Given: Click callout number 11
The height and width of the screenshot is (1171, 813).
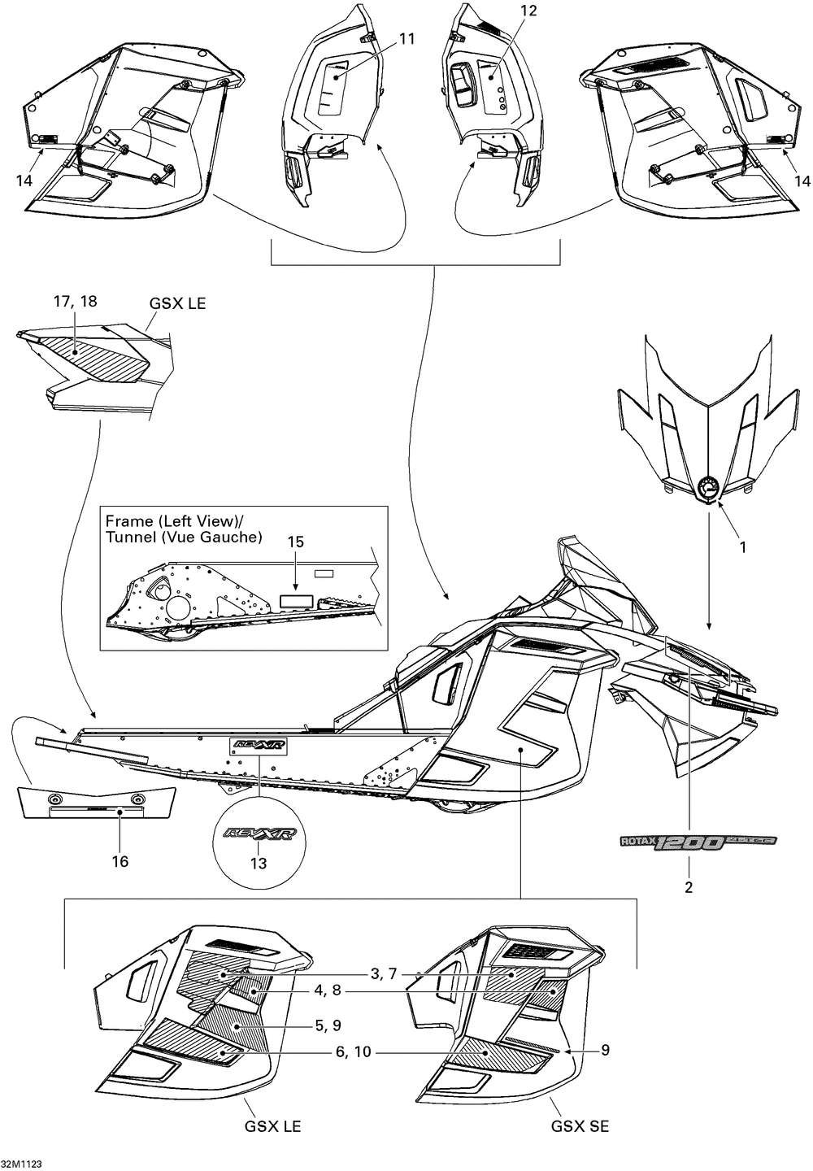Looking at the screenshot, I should [x=406, y=38].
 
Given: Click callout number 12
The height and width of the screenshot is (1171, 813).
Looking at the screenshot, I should [x=528, y=11].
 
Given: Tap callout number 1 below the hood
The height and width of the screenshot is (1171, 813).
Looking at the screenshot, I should [x=742, y=547].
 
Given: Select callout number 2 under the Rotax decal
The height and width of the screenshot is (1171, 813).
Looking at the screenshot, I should [x=689, y=887].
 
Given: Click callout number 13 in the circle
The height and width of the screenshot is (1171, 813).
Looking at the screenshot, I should [x=258, y=864].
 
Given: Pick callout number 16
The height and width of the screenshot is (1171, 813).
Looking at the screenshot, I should [x=120, y=861].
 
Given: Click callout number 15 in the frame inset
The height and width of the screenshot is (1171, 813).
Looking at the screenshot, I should [x=295, y=542].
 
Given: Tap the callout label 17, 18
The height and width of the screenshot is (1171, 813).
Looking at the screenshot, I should [x=76, y=301].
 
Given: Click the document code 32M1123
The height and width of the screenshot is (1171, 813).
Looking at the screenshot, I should [x=22, y=1164].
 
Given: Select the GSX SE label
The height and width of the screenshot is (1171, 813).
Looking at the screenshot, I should [x=580, y=1126].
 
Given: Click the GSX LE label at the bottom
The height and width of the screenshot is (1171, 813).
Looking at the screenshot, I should [x=273, y=1126].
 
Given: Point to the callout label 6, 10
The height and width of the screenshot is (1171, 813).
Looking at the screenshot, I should [x=352, y=1051].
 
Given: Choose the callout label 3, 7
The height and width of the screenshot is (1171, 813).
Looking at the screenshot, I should [x=382, y=973].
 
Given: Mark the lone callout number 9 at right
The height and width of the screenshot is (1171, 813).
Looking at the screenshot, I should [x=605, y=1050].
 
